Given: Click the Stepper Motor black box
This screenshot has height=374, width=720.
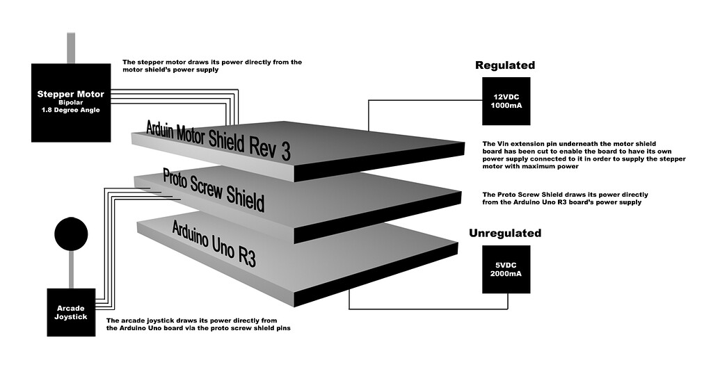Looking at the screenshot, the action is click(x=71, y=102).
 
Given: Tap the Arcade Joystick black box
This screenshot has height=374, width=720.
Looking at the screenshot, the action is click(x=71, y=313).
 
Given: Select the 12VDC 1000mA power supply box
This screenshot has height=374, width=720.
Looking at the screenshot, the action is click(x=506, y=101).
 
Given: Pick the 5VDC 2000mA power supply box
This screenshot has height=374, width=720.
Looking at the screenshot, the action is click(x=506, y=269).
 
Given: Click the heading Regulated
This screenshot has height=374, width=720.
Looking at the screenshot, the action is click(x=505, y=65).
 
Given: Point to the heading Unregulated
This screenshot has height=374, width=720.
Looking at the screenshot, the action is click(x=505, y=233).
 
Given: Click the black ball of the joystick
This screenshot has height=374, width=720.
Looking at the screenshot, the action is click(x=71, y=234).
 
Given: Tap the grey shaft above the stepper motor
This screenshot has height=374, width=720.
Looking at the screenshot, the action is click(x=71, y=48).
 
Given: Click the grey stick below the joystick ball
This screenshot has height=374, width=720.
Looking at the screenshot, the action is click(x=71, y=270).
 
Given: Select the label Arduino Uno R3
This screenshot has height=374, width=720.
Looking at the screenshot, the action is click(x=214, y=243).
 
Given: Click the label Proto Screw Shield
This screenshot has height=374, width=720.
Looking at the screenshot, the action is click(x=214, y=190).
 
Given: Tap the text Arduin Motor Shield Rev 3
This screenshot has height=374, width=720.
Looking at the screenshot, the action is click(x=218, y=140).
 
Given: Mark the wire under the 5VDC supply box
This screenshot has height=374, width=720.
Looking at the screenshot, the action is click(x=429, y=309).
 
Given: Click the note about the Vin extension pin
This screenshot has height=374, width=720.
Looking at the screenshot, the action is click(x=584, y=155).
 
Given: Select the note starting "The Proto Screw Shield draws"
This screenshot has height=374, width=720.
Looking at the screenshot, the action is click(x=566, y=198).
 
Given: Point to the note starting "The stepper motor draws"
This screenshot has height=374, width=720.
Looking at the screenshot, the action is click(x=212, y=65).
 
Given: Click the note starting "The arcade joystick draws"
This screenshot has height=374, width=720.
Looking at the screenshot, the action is click(x=198, y=325).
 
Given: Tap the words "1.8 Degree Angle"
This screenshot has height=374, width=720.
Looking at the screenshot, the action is click(x=71, y=110).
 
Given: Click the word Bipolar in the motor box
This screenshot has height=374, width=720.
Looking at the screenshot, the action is click(x=71, y=103).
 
